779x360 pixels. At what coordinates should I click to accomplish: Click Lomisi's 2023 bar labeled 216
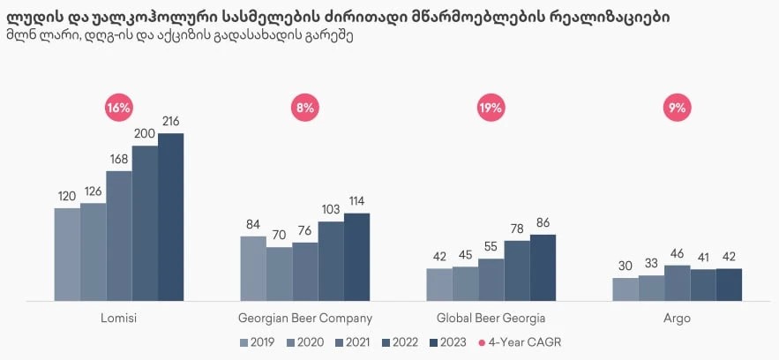point(170,217)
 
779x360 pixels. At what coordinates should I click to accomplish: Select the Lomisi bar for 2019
point(67,255)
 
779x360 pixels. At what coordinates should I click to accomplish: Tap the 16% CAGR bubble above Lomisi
point(118,109)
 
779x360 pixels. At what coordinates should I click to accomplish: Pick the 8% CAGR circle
point(305,109)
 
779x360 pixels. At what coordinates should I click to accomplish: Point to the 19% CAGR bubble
point(491,109)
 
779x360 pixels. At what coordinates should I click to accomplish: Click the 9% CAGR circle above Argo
point(678,109)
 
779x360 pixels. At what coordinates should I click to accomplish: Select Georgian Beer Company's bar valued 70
point(279,274)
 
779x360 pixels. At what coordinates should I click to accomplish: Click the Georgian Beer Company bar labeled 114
point(356,258)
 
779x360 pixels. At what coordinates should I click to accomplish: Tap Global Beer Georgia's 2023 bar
point(543,268)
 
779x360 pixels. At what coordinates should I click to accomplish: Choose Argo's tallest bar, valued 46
point(678,283)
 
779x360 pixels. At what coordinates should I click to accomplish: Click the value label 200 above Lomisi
point(145,133)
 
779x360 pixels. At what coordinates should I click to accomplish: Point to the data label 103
point(331,209)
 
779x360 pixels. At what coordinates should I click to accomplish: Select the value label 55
point(491,246)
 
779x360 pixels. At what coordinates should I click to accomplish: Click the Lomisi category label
point(118,318)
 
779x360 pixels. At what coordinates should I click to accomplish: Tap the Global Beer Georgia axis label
point(491,318)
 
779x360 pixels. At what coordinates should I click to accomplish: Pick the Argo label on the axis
point(678,318)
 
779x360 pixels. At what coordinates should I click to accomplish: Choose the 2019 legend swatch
point(245,342)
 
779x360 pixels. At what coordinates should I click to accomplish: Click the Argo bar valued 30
point(625,290)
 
